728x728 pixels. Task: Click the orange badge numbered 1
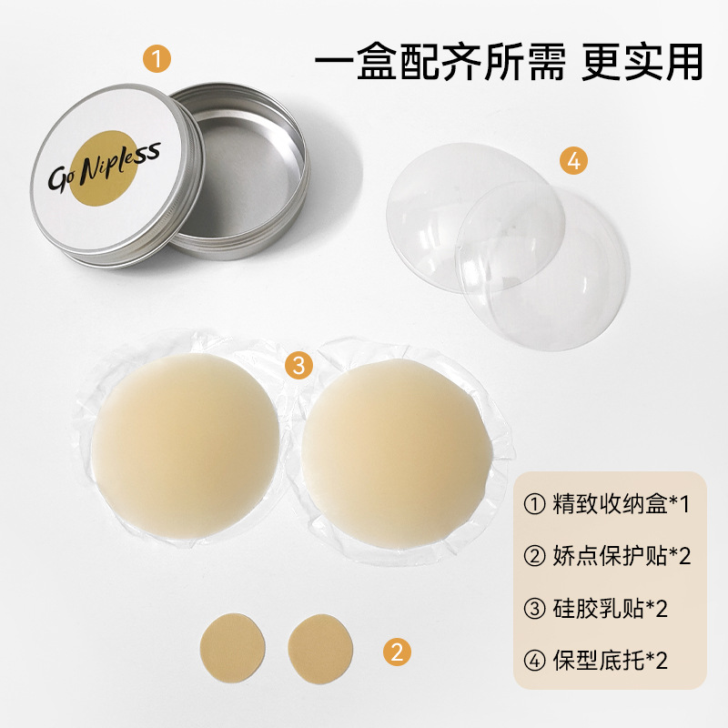tap(157, 59)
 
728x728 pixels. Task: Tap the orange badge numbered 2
tap(397, 652)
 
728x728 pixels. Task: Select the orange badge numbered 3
tap(298, 365)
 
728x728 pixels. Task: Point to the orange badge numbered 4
tap(574, 161)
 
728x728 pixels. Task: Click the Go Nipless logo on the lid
tap(105, 167)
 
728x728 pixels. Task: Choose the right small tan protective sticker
tap(320, 649)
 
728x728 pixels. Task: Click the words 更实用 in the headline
tap(642, 62)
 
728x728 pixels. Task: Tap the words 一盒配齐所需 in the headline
tap(440, 62)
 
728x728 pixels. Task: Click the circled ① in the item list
tap(534, 504)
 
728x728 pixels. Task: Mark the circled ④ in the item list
tap(534, 660)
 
